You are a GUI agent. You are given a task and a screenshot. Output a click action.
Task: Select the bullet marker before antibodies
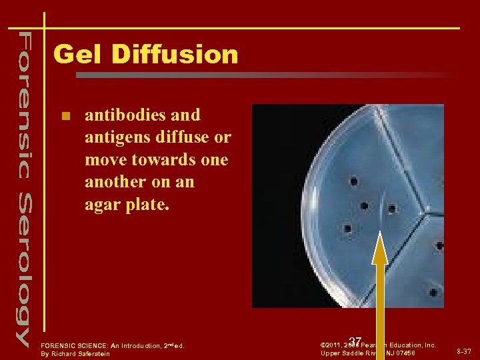click(x=65, y=116)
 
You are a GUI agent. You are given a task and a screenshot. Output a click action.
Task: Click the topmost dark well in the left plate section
click(x=353, y=181)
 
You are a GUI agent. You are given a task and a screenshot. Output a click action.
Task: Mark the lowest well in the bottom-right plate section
click(x=433, y=292)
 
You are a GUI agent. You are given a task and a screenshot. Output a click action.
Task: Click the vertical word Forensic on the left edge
click(x=23, y=101)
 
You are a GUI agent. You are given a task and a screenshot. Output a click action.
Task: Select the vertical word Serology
click(x=23, y=267)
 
